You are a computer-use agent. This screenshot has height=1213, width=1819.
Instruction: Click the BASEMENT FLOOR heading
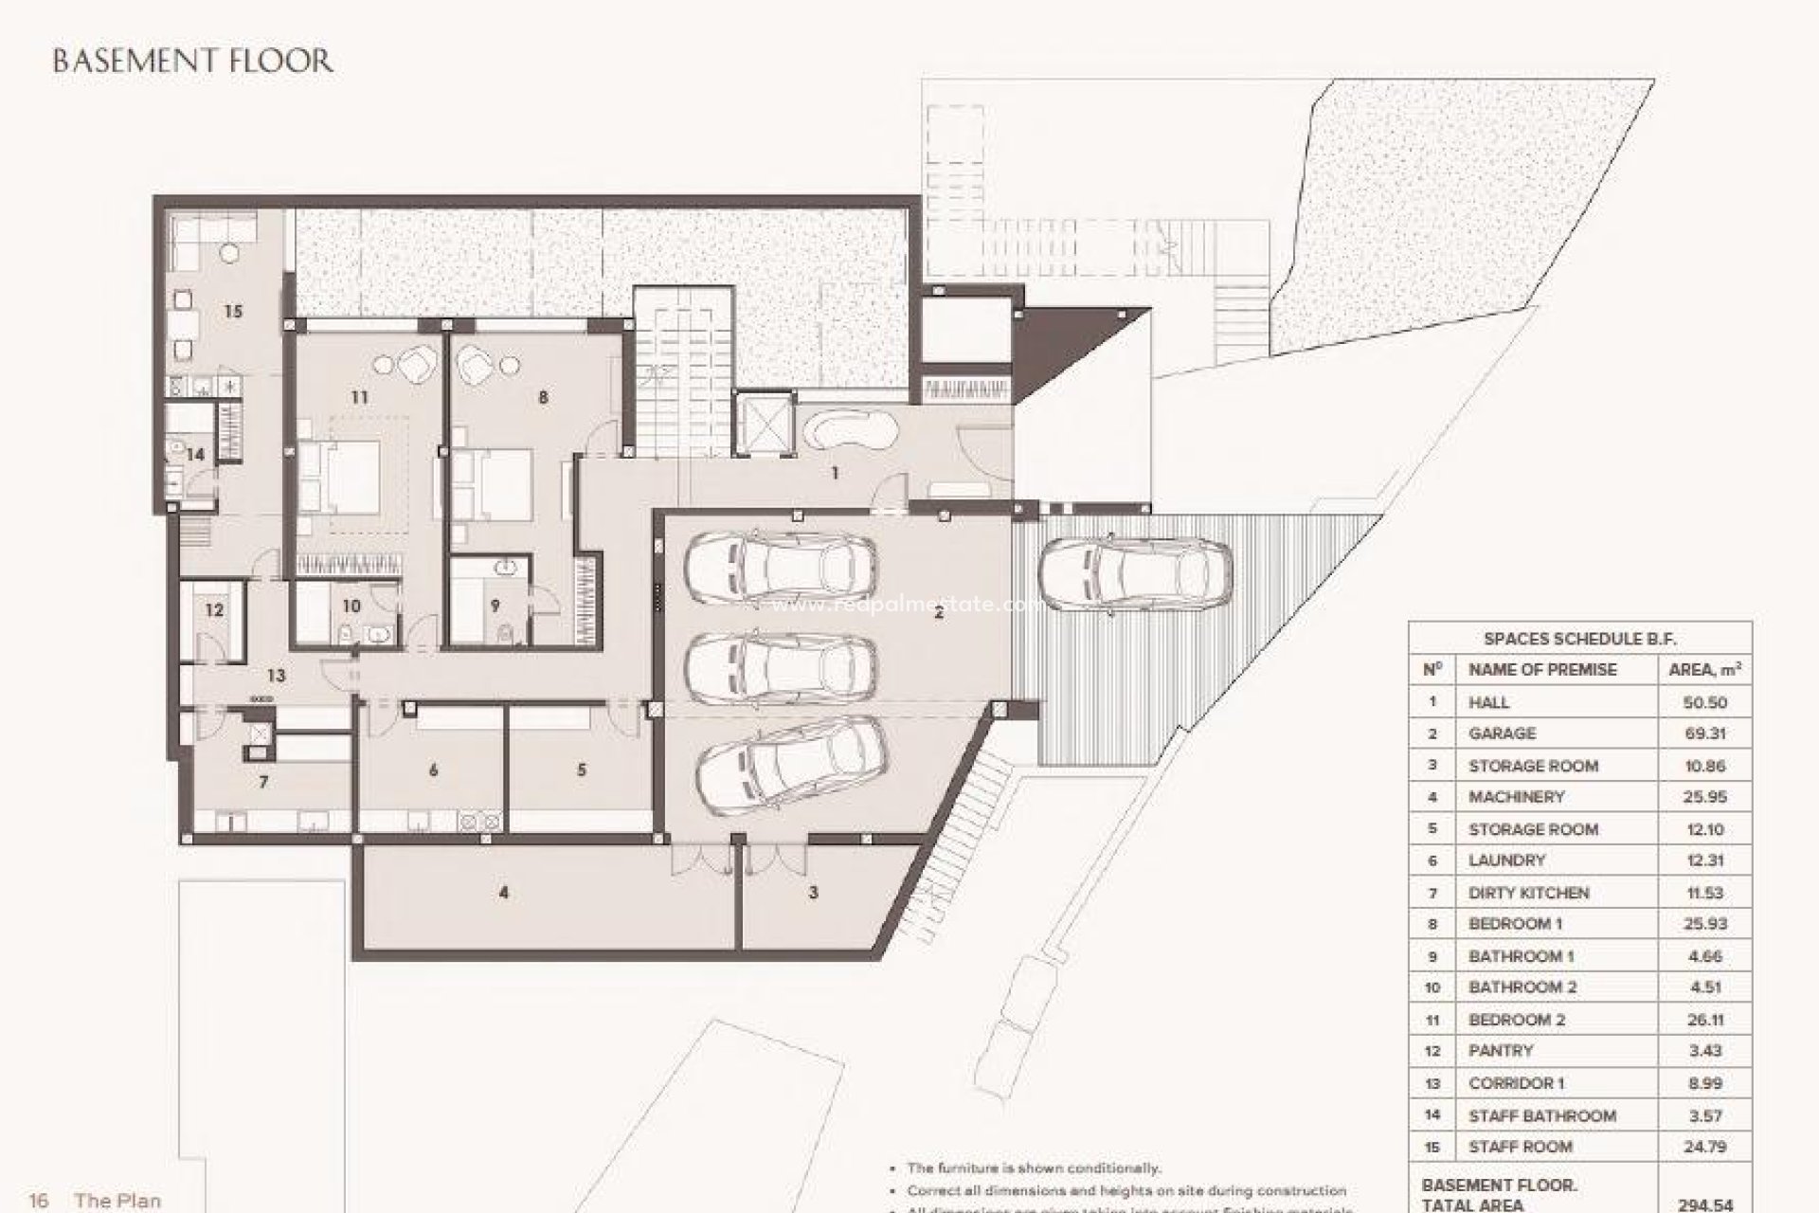tap(192, 62)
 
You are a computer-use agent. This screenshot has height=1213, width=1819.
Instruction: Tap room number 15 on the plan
tap(233, 311)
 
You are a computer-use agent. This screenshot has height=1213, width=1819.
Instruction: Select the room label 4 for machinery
tap(504, 892)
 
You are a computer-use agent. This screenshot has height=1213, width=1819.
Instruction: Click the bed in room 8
tap(491, 482)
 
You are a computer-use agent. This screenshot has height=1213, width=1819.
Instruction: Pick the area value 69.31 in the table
tap(1704, 733)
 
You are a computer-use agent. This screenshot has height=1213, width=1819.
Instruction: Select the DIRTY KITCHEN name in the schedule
tap(1528, 893)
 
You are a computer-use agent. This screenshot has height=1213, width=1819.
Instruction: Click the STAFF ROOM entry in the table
tap(1520, 1147)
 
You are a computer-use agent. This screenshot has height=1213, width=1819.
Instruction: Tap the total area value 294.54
tap(1704, 1205)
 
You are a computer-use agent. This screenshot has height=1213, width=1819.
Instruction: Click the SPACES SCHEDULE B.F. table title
tap(1578, 640)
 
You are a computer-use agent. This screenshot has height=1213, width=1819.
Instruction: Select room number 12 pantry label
tap(214, 609)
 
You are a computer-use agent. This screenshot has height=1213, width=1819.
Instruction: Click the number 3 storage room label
tap(813, 892)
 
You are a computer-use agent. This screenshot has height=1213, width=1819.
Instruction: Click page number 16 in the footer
tap(39, 1201)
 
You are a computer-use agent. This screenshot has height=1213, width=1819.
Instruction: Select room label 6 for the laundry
tap(433, 770)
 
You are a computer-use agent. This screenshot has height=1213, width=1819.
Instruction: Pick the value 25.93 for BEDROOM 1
tap(1704, 924)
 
